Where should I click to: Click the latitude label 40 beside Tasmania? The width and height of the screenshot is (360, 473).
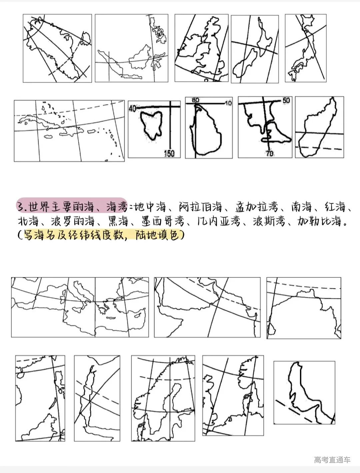(x=132, y=108)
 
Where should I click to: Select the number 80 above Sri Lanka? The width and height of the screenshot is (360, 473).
(x=195, y=100)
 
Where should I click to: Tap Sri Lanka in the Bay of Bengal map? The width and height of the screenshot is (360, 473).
(x=272, y=329)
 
